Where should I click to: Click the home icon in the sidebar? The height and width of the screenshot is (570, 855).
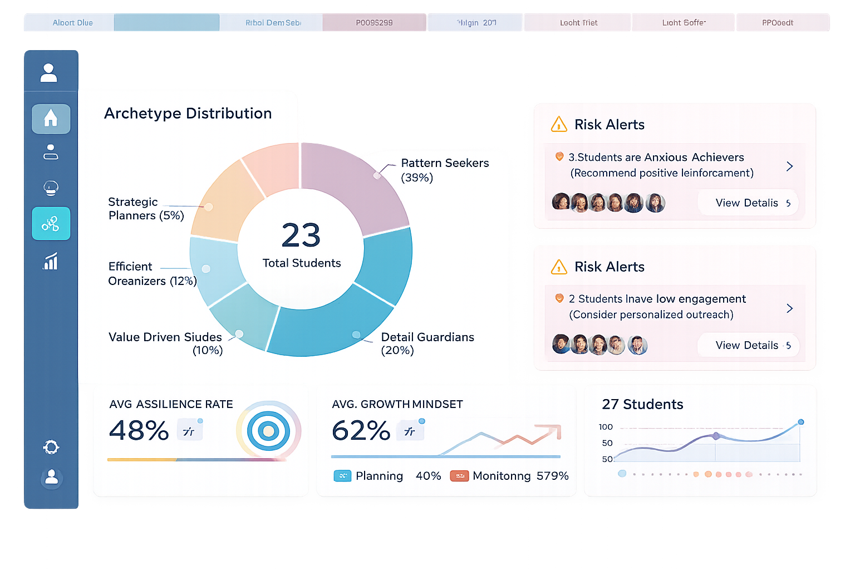coord(51,118)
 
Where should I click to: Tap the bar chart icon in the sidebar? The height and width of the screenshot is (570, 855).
coord(51,261)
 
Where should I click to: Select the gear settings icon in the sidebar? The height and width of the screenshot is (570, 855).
coord(51,447)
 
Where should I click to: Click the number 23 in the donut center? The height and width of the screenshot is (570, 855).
coord(301,235)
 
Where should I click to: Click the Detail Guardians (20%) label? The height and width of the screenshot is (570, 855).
coord(427,343)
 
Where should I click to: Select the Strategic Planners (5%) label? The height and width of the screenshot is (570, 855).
coord(146,209)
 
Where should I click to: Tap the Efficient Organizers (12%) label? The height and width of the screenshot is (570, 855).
coord(152,274)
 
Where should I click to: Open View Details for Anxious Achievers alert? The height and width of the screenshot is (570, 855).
coord(748,203)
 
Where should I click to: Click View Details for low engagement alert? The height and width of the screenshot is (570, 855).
coord(748,346)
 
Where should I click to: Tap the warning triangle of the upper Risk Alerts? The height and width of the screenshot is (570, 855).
coord(559,125)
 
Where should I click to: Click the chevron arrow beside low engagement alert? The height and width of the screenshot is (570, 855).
coord(789,308)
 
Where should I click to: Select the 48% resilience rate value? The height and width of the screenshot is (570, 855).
coord(139,430)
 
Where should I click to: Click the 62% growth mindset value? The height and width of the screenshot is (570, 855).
coord(361,430)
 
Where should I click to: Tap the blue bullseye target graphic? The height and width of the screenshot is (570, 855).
coord(268,431)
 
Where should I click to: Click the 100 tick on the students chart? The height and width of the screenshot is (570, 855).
coord(606,427)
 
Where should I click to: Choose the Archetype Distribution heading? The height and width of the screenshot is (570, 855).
coord(188,114)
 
